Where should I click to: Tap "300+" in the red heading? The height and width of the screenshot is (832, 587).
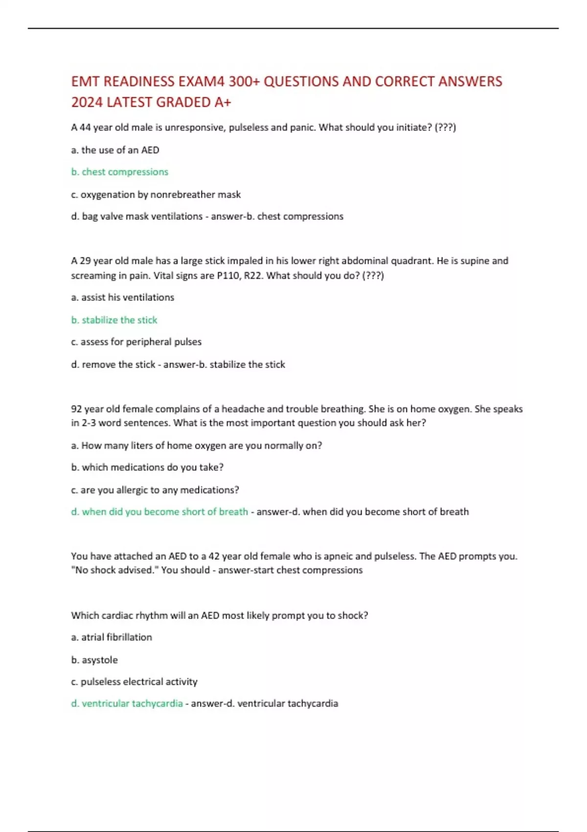pyautogui.click(x=244, y=81)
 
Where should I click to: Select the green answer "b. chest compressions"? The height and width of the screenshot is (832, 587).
pyautogui.click(x=120, y=172)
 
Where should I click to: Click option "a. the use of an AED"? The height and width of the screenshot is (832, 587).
pyautogui.click(x=115, y=150)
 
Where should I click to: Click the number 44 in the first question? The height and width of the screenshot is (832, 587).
pyautogui.click(x=85, y=127)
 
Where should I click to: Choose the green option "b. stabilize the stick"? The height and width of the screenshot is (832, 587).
pyautogui.click(x=114, y=320)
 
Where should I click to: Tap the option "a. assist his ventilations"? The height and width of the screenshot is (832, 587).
pyautogui.click(x=122, y=297)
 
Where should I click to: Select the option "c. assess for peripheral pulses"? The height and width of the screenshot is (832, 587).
pyautogui.click(x=136, y=342)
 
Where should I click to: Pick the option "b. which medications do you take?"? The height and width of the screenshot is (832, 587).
pyautogui.click(x=147, y=467)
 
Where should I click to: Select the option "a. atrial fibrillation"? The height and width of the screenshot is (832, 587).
pyautogui.click(x=112, y=637)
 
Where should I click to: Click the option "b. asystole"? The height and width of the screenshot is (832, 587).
pyautogui.click(x=94, y=660)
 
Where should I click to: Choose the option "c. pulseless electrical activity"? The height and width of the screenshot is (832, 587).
pyautogui.click(x=134, y=681)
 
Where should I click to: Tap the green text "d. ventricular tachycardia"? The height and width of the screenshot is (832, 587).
pyautogui.click(x=127, y=703)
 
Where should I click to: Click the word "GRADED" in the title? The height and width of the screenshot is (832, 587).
pyautogui.click(x=186, y=102)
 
